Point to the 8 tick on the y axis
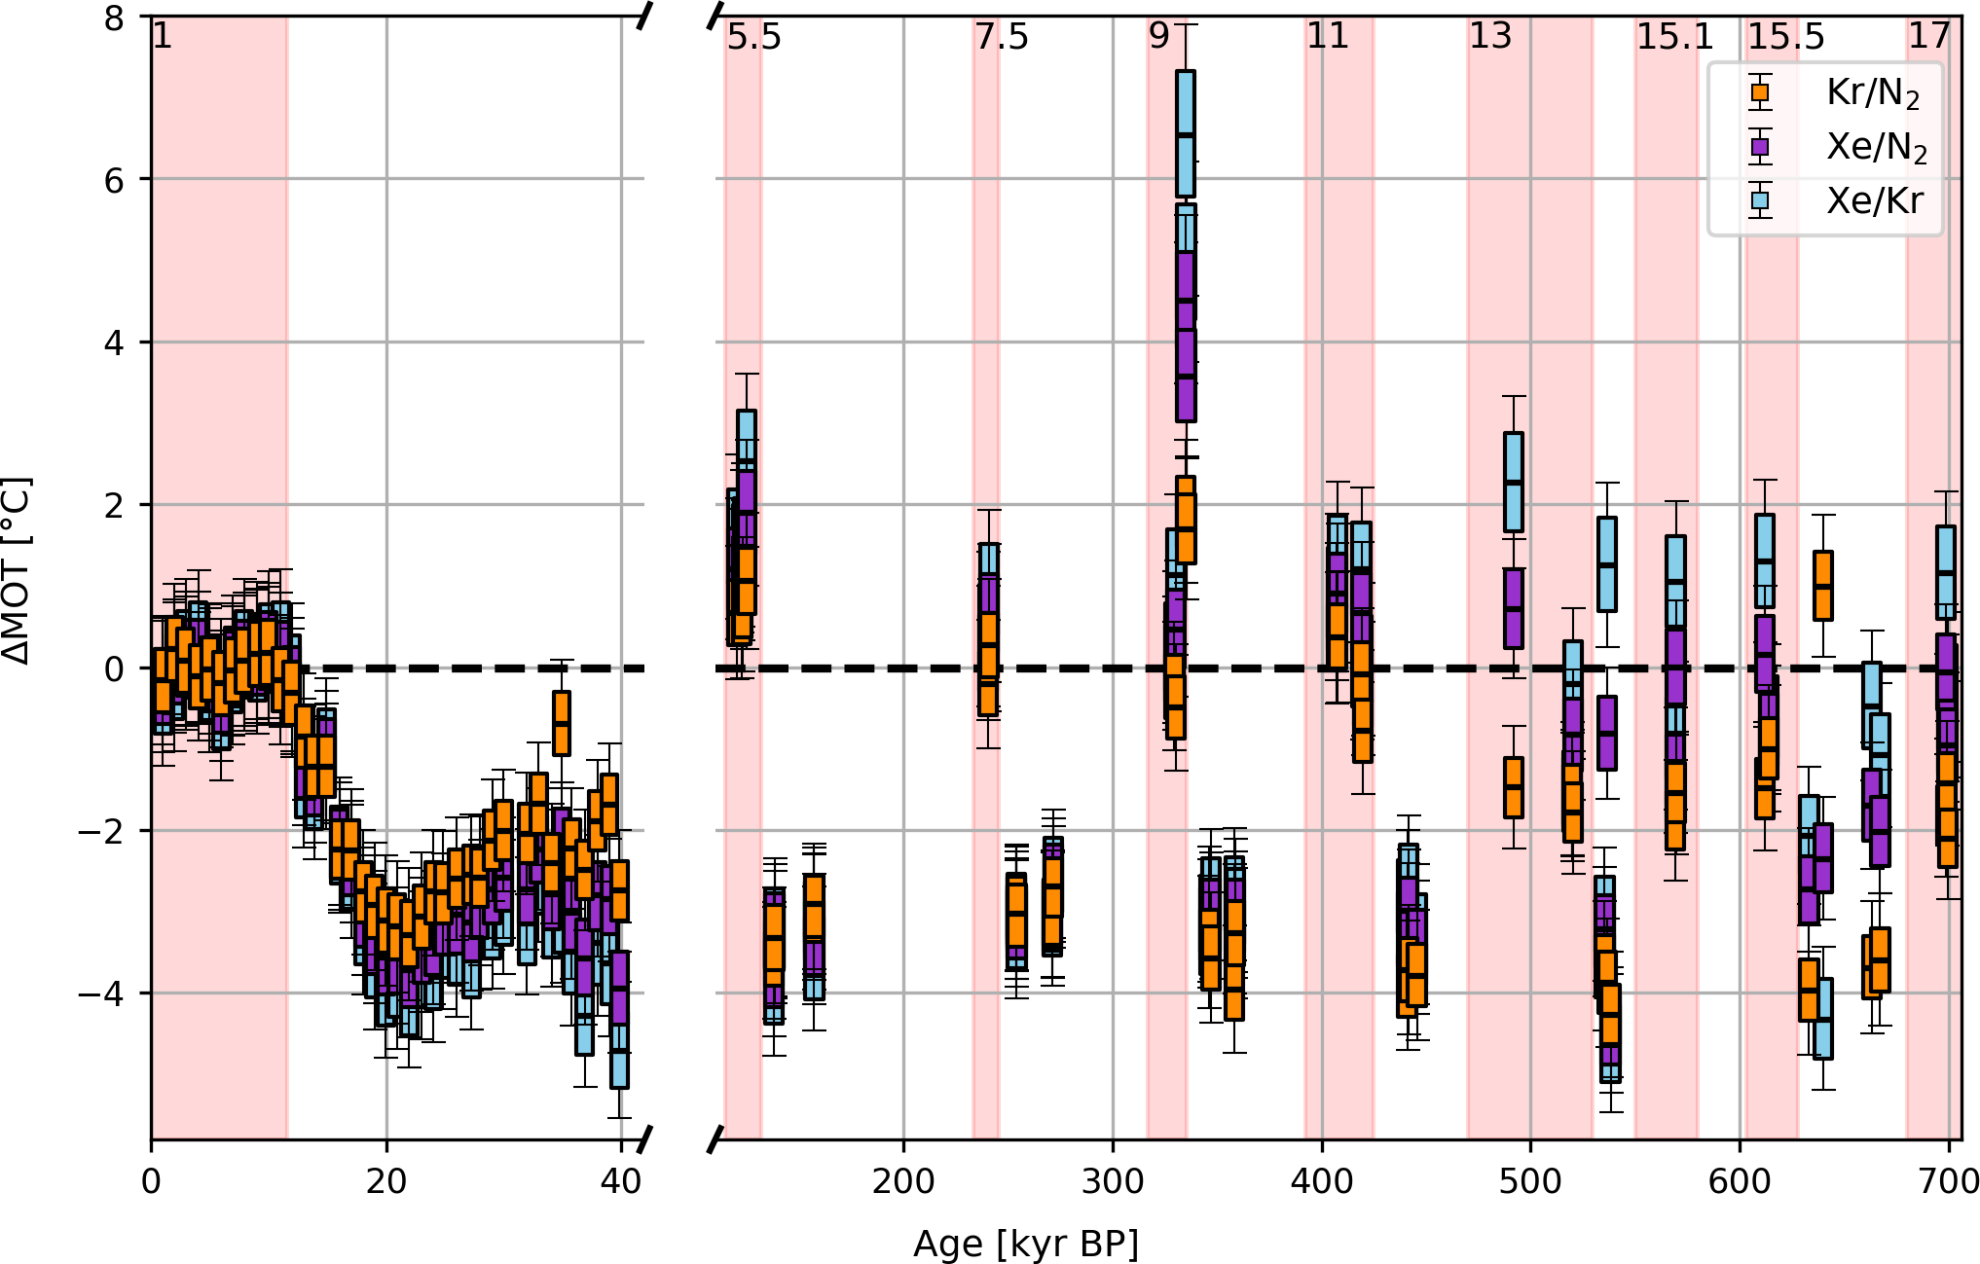tap(116, 18)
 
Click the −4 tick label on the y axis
tap(101, 993)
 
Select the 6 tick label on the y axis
tap(116, 180)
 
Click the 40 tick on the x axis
tap(621, 1181)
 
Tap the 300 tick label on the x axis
tap(1113, 1181)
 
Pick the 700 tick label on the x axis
tap(1948, 1181)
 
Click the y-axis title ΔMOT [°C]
tap(18, 570)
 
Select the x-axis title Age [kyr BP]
tap(1025, 1244)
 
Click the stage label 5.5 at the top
tap(754, 37)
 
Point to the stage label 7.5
tap(1002, 37)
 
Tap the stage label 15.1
tap(1674, 37)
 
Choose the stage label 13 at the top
tap(1490, 36)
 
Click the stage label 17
tap(1929, 36)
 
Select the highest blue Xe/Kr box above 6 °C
tap(1186, 133)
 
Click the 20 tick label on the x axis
tap(386, 1181)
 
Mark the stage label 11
tap(1328, 36)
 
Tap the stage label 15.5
tap(1786, 37)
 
